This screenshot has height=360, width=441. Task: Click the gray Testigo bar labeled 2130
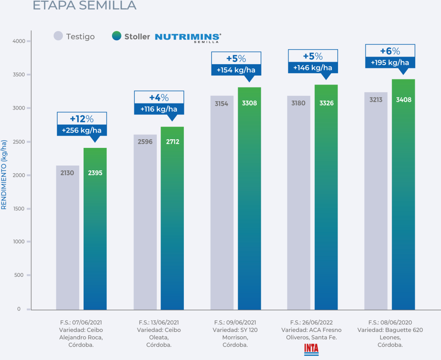[x=68, y=237]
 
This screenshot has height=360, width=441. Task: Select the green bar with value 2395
[x=95, y=229]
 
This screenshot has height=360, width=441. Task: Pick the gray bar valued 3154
[x=222, y=203]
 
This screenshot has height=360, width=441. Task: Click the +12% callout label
[x=82, y=119]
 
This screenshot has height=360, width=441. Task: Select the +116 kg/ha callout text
[x=159, y=109]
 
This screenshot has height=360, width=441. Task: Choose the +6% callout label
[x=390, y=51]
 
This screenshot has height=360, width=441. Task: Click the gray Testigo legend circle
[x=59, y=36]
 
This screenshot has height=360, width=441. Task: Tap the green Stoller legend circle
[x=117, y=36]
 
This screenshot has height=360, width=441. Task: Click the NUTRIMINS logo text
[x=188, y=37]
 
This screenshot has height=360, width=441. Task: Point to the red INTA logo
[x=311, y=348]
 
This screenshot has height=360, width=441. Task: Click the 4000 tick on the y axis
[x=20, y=41]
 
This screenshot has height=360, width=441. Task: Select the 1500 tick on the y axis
[x=20, y=209]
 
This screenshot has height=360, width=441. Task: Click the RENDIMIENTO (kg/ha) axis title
[x=4, y=175]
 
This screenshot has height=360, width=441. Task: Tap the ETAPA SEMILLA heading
[x=84, y=5]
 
